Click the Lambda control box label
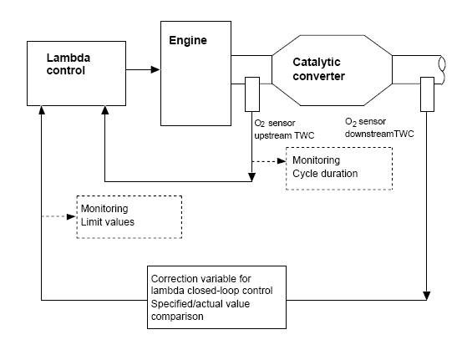tap(69, 64)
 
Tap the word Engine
tap(188, 40)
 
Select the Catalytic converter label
tap(318, 69)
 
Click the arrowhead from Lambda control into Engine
tap(155, 69)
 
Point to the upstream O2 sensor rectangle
tap(252, 94)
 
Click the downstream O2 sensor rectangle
tap(427, 94)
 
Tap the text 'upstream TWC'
tap(284, 135)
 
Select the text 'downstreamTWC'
tap(379, 134)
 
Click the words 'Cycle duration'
tap(325, 174)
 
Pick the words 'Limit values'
tap(108, 222)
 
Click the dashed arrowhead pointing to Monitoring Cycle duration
tap(282, 161)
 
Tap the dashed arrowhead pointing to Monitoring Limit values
tap(71, 216)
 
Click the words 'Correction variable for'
tap(201, 279)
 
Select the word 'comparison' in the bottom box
tap(177, 317)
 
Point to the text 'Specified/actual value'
tap(201, 304)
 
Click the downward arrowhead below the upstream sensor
tap(252, 177)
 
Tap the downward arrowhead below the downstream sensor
tap(427, 296)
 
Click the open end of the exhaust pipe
tap(442, 70)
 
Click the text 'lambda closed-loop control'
tap(211, 291)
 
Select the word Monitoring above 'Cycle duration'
tap(316, 160)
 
